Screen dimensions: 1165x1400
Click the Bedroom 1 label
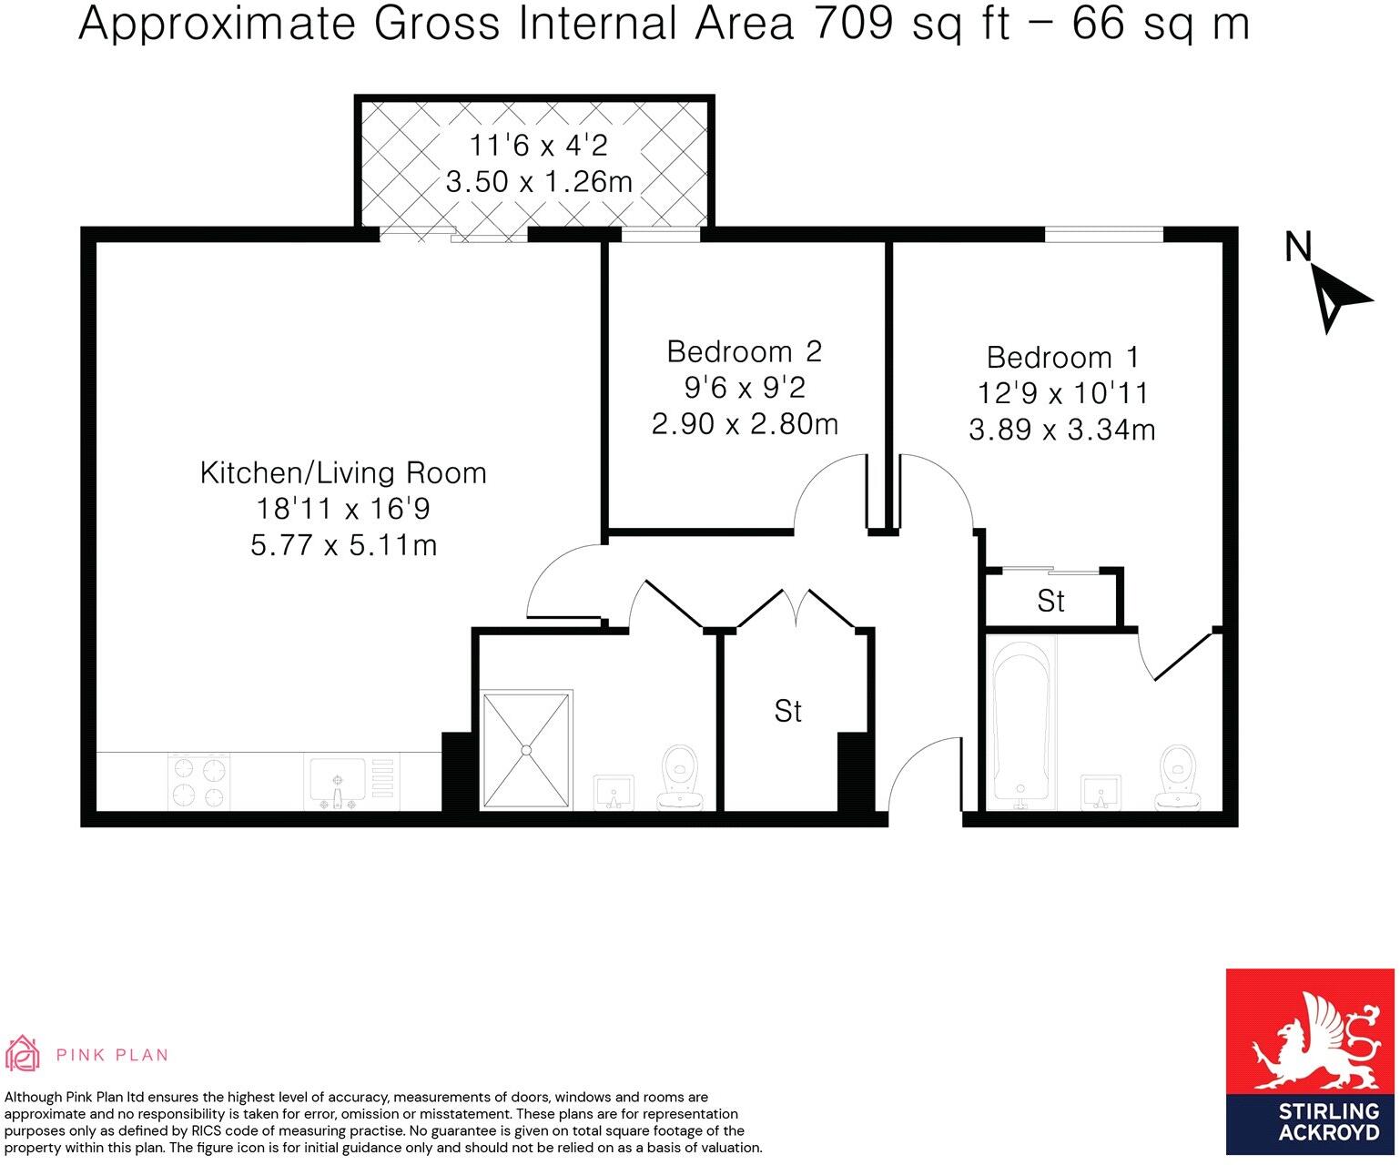point(1061,357)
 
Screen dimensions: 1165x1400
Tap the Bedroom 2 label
point(744,351)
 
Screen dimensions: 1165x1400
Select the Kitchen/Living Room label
point(343,473)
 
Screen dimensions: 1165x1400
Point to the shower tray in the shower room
point(527,750)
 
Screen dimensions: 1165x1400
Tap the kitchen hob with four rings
point(198,782)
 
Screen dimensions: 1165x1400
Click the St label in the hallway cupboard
point(788,711)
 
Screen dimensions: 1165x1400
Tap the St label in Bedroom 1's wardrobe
point(1050,602)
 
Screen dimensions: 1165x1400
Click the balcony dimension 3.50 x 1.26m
point(539,182)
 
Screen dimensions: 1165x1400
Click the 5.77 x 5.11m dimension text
point(343,545)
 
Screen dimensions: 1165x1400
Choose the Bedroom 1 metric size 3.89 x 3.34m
point(1061,430)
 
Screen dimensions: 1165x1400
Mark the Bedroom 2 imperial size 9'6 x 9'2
point(744,389)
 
